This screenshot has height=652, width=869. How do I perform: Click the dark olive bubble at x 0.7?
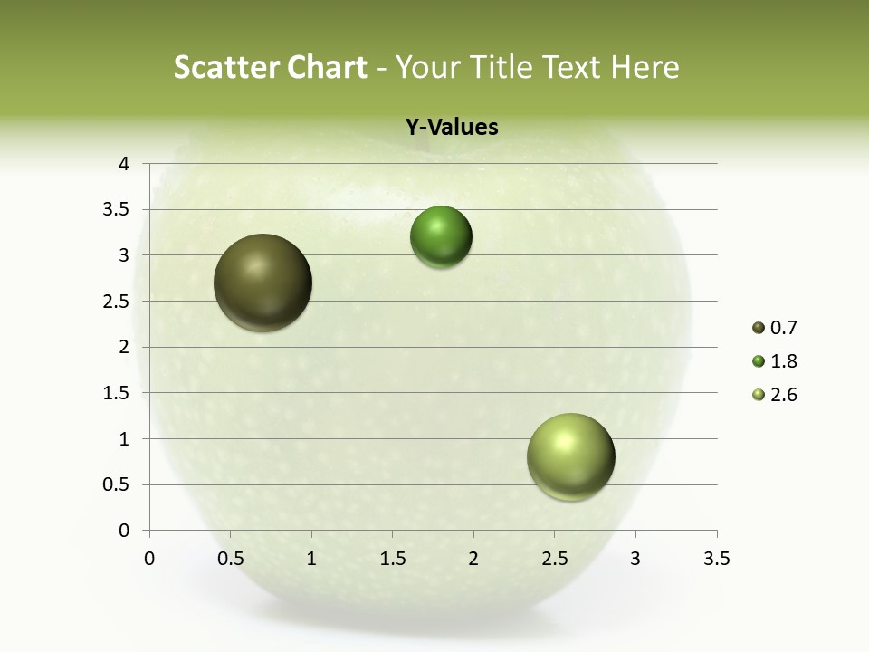(x=263, y=283)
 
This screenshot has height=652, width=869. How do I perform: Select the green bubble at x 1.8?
(x=441, y=237)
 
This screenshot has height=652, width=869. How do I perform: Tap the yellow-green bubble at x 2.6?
(x=570, y=457)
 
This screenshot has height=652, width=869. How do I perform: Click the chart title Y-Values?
(x=451, y=128)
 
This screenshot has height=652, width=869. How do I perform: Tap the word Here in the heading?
(x=644, y=67)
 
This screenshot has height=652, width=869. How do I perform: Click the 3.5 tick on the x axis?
(x=716, y=559)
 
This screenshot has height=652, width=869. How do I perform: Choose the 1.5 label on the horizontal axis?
(x=392, y=559)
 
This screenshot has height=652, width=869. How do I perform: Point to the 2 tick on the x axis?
(x=473, y=559)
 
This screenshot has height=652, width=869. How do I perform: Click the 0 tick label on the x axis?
(x=149, y=559)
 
